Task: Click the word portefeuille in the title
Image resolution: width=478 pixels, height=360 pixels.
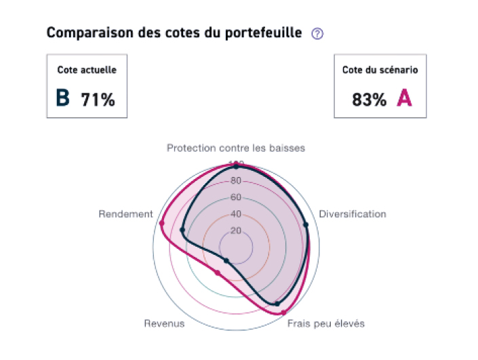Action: pyautogui.click(x=260, y=33)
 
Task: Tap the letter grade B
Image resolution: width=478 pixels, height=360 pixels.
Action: pyautogui.click(x=63, y=98)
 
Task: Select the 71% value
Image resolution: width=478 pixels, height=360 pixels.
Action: pyautogui.click(x=98, y=100)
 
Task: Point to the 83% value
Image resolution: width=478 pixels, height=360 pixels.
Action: pyautogui.click(x=369, y=100)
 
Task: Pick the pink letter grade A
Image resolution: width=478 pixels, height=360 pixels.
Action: pyautogui.click(x=404, y=98)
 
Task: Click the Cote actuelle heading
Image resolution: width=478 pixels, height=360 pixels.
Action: pyautogui.click(x=87, y=70)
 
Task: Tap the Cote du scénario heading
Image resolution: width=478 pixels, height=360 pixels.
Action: pyautogui.click(x=380, y=70)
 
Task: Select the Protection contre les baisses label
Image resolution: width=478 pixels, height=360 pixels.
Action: pyautogui.click(x=236, y=147)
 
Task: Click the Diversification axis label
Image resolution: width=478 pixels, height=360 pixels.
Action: pyautogui.click(x=353, y=214)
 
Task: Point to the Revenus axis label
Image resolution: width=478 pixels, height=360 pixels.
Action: pyautogui.click(x=164, y=323)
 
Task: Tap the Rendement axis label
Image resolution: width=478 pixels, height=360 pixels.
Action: pyautogui.click(x=126, y=214)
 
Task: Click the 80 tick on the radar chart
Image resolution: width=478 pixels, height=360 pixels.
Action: pyautogui.click(x=236, y=181)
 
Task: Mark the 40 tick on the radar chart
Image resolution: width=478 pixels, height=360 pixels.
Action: pyautogui.click(x=236, y=214)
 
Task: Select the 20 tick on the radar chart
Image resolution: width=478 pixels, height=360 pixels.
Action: pyautogui.click(x=236, y=231)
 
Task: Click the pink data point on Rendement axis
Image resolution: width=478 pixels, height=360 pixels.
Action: pyautogui.click(x=161, y=224)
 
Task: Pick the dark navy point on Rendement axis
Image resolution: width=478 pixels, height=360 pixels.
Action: pyautogui.click(x=182, y=231)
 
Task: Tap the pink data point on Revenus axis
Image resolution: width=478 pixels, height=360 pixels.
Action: pyautogui.click(x=217, y=273)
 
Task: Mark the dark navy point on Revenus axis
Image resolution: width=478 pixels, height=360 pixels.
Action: pyautogui.click(x=226, y=261)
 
